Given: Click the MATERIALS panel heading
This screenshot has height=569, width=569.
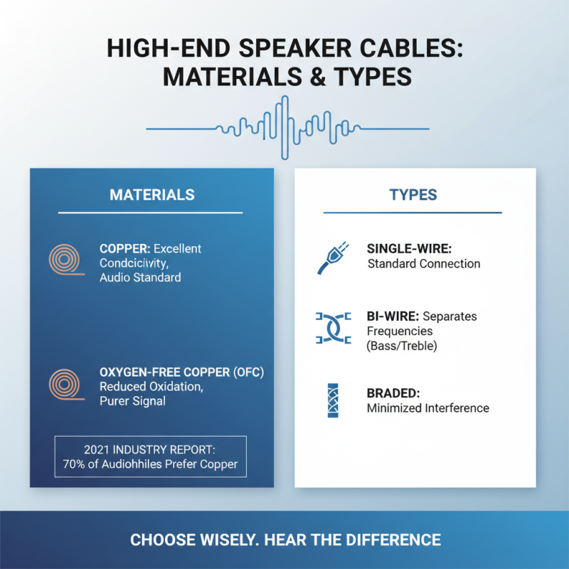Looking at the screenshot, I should pyautogui.click(x=151, y=194).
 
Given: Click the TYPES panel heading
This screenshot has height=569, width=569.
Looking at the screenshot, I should pyautogui.click(x=413, y=194).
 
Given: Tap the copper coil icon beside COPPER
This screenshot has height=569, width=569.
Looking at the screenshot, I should pyautogui.click(x=66, y=260).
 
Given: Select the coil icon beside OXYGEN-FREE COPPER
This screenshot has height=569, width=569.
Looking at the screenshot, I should pyautogui.click(x=66, y=384).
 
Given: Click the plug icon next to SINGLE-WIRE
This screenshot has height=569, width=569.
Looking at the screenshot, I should pyautogui.click(x=332, y=257).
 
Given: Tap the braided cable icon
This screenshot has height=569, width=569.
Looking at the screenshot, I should pyautogui.click(x=333, y=400).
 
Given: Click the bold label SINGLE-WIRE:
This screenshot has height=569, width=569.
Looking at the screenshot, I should pyautogui.click(x=409, y=249).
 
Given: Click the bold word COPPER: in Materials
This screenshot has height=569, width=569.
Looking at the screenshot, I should pyautogui.click(x=124, y=249).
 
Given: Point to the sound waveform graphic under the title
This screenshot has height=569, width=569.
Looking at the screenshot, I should pyautogui.click(x=287, y=128).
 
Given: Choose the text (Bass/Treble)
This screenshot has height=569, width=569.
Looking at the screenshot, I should pyautogui.click(x=402, y=346).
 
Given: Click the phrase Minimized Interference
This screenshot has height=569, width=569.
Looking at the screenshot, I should pyautogui.click(x=427, y=408).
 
